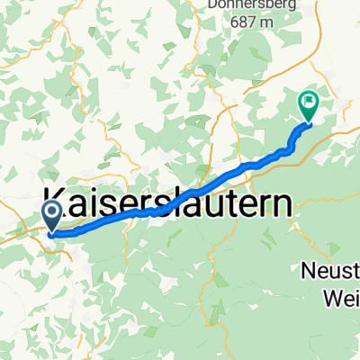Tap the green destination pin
tap(308, 106)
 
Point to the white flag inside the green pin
tap(308, 102)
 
